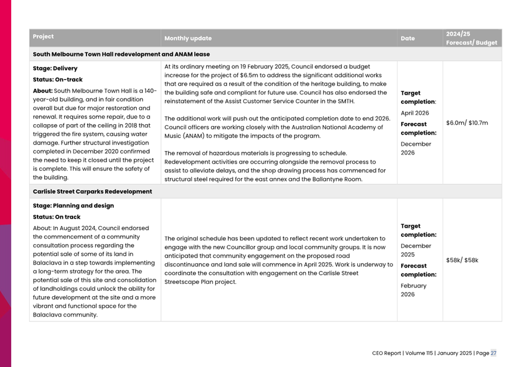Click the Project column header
coord(43,37)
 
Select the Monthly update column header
coord(188,39)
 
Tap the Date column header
coord(407,39)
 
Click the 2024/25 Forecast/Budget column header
coord(471,38)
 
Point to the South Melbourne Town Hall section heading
coord(121,54)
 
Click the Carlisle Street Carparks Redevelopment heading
coord(92,191)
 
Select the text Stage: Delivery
coord(55,68)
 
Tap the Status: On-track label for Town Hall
coord(58,80)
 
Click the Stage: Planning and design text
coord(73,206)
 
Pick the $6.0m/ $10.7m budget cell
coord(467,124)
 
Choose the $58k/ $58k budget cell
coord(462,260)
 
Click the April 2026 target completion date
coord(415,113)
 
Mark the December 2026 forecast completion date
coord(416,149)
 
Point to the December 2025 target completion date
coord(416,251)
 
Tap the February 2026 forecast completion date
coord(413,290)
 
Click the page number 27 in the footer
coord(493,354)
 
